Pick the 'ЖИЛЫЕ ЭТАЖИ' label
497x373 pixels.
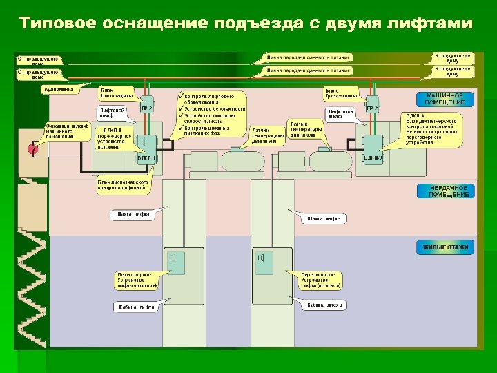coord(445,247)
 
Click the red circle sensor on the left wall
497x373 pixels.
coord(30,149)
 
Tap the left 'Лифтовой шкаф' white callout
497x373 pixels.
coord(113,113)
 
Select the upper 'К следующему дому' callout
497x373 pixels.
coord(453,57)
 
